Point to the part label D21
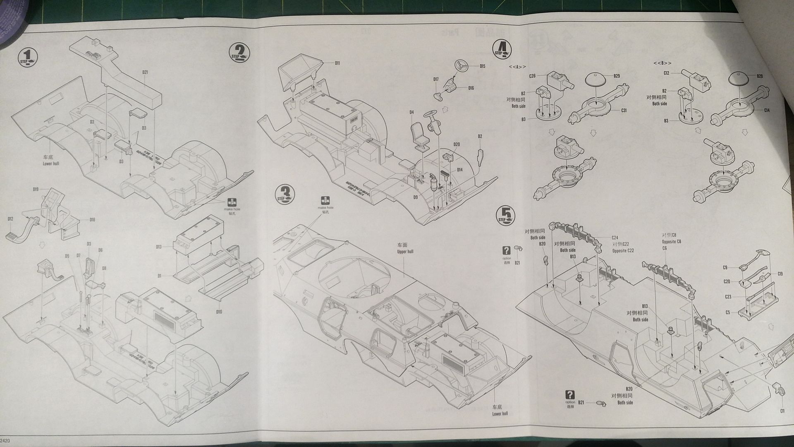[145, 72]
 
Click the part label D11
[337, 63]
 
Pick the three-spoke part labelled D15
[460, 65]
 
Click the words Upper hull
[405, 251]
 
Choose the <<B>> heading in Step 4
[662, 63]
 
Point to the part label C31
[624, 110]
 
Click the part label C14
[767, 110]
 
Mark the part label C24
[615, 238]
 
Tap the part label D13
[159, 247]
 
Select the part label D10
[219, 312]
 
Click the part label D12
[10, 219]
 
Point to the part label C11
[782, 411]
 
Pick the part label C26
[532, 76]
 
